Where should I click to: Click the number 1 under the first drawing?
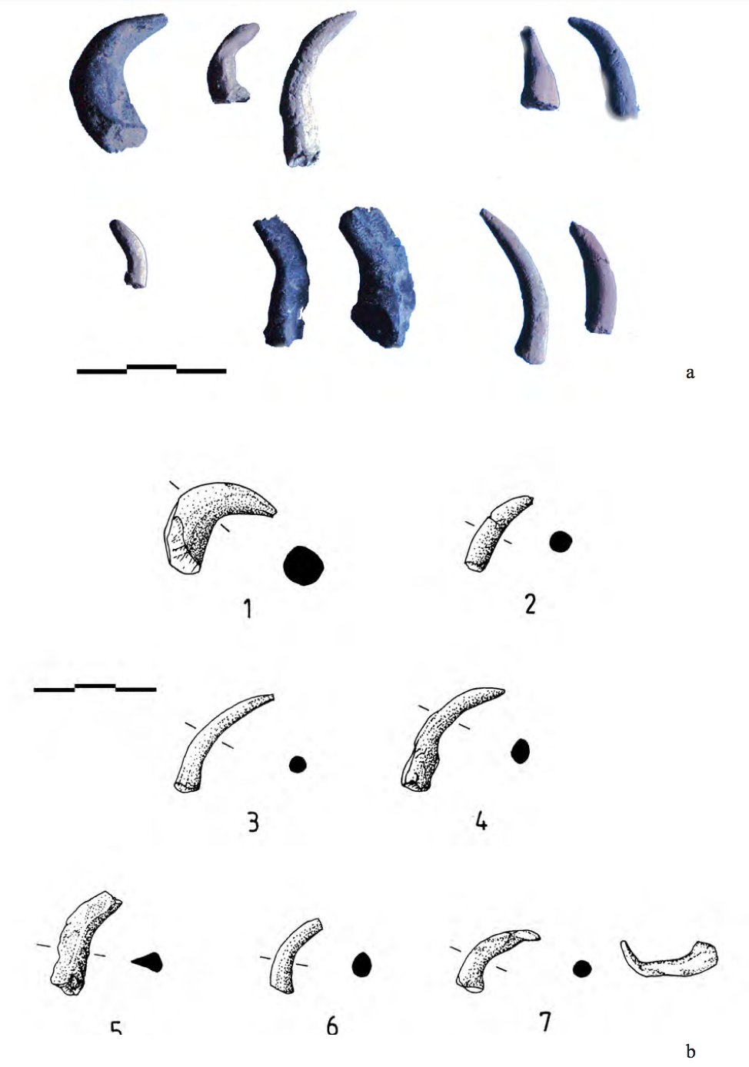click(248, 610)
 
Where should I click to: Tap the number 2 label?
click(530, 604)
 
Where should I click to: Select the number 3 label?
click(253, 823)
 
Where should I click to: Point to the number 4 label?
click(481, 822)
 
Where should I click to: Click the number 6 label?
click(332, 1025)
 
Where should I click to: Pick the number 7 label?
click(545, 1022)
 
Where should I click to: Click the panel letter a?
click(690, 373)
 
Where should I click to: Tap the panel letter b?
click(690, 1052)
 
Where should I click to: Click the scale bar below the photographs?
click(151, 370)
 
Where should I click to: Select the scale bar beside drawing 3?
click(95, 688)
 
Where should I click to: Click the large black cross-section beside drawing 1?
click(303, 567)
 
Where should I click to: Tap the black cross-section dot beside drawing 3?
click(298, 764)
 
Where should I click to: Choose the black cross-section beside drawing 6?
click(361, 965)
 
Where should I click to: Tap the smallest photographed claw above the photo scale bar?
click(130, 251)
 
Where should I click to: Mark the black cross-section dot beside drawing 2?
click(561, 542)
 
